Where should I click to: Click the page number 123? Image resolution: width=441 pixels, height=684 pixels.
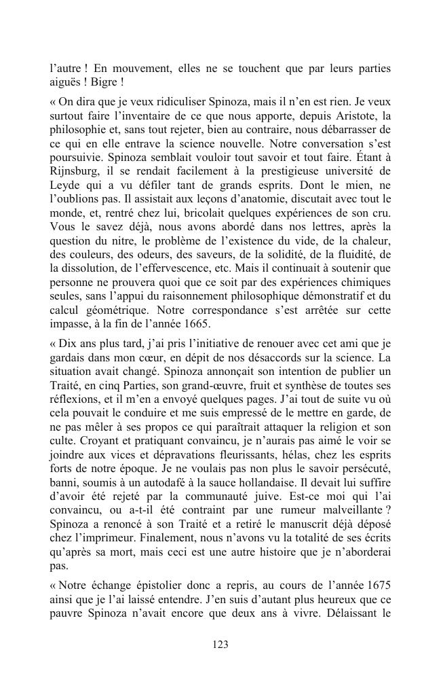[220, 645]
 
